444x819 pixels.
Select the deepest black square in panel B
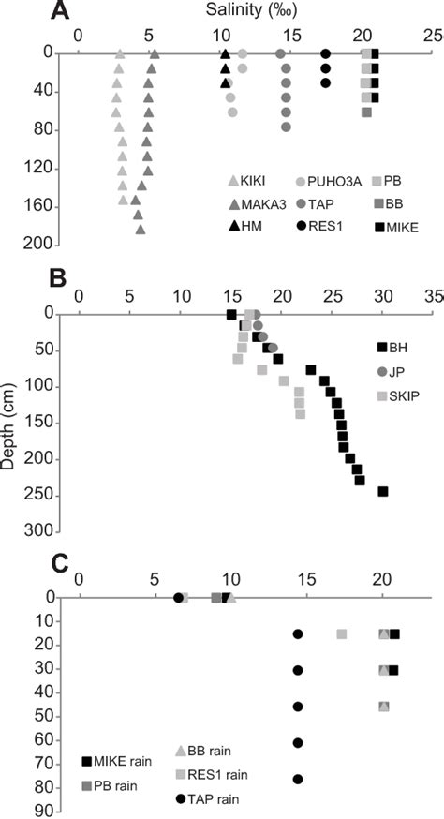pos(382,491)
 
